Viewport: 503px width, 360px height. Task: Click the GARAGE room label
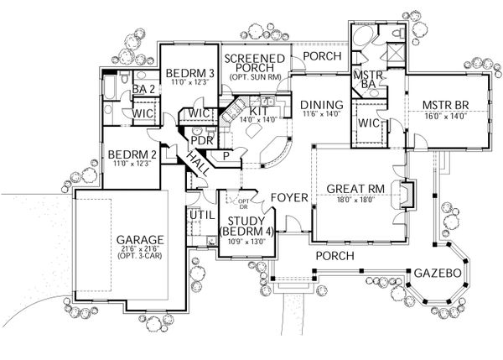pyautogui.click(x=141, y=239)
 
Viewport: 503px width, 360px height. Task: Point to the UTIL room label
pyautogui.click(x=199, y=216)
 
